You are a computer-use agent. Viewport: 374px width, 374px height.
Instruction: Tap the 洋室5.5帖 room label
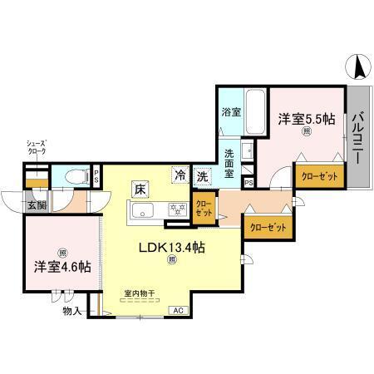(x=306, y=119)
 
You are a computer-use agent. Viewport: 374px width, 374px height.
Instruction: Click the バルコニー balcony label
(x=358, y=136)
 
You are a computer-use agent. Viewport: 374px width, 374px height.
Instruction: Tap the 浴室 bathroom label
(x=231, y=112)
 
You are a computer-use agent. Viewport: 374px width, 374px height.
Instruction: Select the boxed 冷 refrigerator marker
(x=180, y=175)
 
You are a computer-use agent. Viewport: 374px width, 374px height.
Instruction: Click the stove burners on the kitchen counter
(x=175, y=211)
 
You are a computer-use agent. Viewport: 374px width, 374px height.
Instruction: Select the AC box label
(x=177, y=310)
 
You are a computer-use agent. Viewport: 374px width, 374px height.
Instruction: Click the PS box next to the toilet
(x=96, y=175)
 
